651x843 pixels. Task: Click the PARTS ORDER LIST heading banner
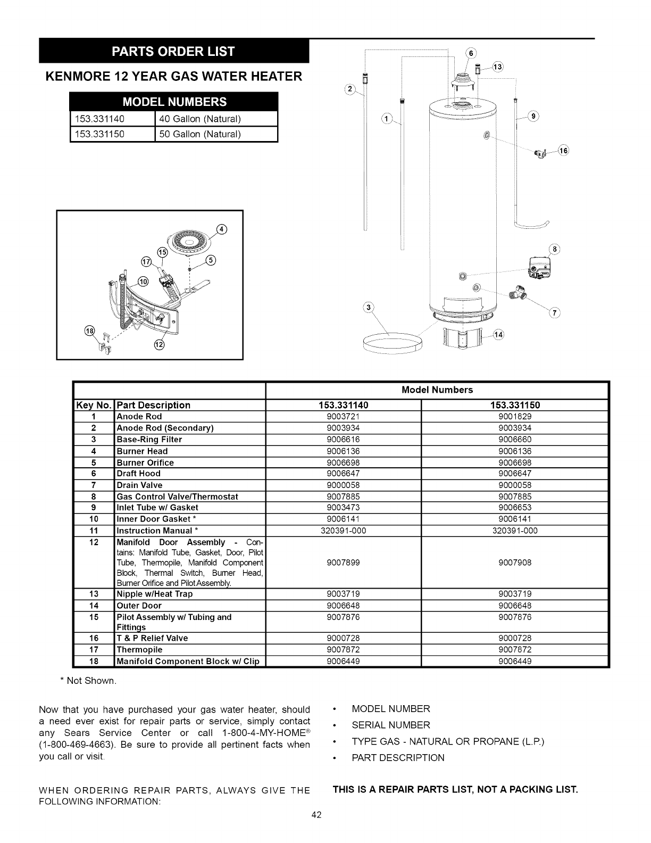point(173,52)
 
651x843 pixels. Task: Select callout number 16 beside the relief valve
point(563,151)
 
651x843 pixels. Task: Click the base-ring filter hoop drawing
point(391,344)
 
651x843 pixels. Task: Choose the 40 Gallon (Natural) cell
point(201,119)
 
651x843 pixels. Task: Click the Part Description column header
point(153,405)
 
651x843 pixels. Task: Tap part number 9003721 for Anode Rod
point(343,417)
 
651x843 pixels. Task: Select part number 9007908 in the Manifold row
point(515,563)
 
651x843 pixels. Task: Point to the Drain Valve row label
point(139,485)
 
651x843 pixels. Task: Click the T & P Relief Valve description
point(152,638)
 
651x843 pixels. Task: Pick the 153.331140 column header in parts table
point(343,405)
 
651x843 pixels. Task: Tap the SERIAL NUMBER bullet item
point(391,725)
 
